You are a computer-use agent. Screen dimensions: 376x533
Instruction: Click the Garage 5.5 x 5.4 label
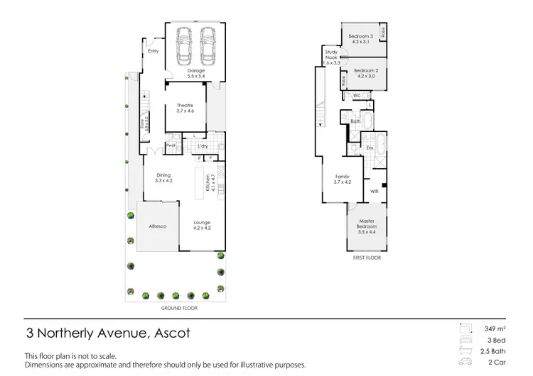pyautogui.click(x=195, y=73)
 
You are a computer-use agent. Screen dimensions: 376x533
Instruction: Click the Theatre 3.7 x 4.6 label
pyautogui.click(x=185, y=108)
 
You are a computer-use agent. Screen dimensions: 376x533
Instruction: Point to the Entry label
pyautogui.click(x=153, y=51)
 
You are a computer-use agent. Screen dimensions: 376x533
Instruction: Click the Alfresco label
pyautogui.click(x=157, y=226)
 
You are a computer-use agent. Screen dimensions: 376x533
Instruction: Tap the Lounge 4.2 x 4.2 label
pyautogui.click(x=203, y=226)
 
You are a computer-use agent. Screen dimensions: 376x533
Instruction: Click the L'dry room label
pyautogui.click(x=203, y=147)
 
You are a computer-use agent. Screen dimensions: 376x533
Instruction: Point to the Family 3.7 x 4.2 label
pyautogui.click(x=343, y=180)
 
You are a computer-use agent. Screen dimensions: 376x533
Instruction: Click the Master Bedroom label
pyautogui.click(x=367, y=228)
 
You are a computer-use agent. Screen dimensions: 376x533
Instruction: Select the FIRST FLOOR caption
pyautogui.click(x=367, y=258)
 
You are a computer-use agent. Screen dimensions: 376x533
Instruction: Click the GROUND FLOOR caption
pyautogui.click(x=179, y=309)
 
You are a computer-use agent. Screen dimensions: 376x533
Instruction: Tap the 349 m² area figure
pyautogui.click(x=495, y=329)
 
